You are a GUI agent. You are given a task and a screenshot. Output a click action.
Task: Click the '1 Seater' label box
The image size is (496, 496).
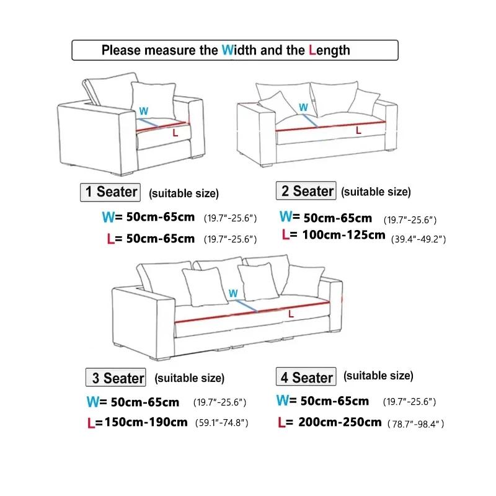[111, 192]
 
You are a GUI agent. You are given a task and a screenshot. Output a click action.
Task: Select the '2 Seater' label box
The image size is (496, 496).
[307, 191]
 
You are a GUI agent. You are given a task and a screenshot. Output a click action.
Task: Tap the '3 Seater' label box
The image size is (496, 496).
[115, 377]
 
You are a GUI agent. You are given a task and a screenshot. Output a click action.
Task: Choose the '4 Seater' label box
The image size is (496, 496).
[306, 377]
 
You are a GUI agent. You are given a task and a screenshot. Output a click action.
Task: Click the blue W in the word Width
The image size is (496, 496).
[228, 50]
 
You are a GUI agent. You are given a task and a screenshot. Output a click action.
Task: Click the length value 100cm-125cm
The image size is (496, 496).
[343, 236]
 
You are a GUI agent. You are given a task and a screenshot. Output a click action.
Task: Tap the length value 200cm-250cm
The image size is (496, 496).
[338, 422]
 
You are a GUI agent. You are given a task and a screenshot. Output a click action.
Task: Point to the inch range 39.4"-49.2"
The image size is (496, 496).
[418, 239]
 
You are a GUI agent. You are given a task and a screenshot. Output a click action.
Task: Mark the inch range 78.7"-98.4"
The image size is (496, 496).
[415, 424]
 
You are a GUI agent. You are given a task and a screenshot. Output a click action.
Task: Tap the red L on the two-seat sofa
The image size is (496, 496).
[358, 130]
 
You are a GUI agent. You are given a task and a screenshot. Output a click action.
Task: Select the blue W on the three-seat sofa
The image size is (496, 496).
[233, 293]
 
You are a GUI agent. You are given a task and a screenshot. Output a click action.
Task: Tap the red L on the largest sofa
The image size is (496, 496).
[291, 314]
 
